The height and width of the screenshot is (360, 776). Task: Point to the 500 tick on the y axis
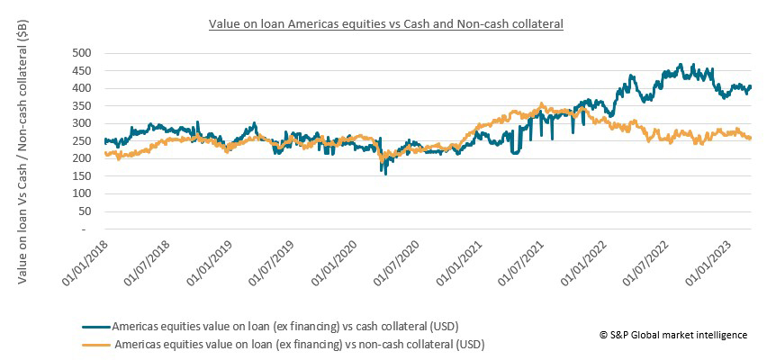83,53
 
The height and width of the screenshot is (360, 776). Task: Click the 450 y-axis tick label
83,70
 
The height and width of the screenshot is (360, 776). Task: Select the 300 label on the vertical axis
83,123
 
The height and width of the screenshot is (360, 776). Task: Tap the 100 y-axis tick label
83,193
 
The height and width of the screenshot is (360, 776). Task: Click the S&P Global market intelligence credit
673,335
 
